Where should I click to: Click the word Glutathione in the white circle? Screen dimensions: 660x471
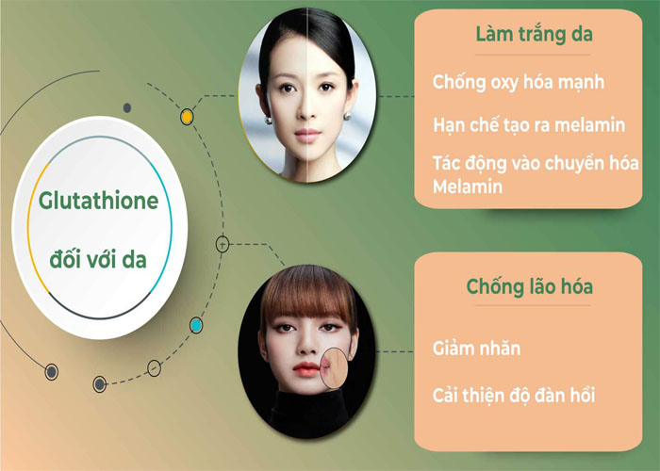[x=98, y=201]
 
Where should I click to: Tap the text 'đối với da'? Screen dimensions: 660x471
[x=98, y=259]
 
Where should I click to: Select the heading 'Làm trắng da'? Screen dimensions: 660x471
[x=535, y=34]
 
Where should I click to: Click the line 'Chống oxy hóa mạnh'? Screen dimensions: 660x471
[x=519, y=83]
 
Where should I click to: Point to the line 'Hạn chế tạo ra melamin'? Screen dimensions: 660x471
[x=529, y=125]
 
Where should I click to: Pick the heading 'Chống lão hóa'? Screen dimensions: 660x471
[x=530, y=286]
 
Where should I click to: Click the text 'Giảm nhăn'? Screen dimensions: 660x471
[x=476, y=349]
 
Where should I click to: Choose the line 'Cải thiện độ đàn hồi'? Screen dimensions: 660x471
[x=514, y=395]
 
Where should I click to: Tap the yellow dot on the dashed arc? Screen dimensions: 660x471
[x=187, y=117]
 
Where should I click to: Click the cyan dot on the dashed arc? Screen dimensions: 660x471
[x=196, y=325]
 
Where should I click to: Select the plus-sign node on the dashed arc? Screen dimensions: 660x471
[x=223, y=244]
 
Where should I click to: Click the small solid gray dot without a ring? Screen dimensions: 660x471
[x=127, y=108]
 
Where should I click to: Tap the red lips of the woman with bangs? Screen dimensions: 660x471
[x=305, y=369]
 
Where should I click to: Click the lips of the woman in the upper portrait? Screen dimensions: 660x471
[x=306, y=136]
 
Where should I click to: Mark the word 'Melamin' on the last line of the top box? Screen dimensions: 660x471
[x=468, y=187]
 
